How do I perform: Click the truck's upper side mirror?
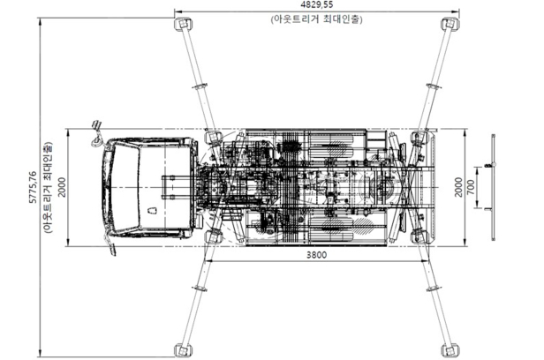(x=96, y=137)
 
